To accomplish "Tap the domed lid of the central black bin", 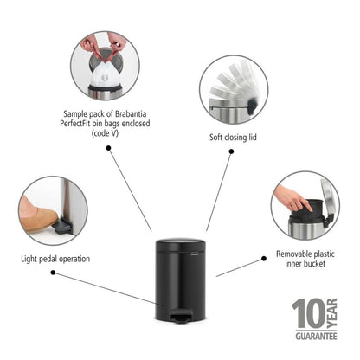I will point(181,247).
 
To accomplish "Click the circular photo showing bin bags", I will point(105,66).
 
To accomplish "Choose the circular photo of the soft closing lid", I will point(235,90).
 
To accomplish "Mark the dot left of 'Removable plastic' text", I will point(264,257).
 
